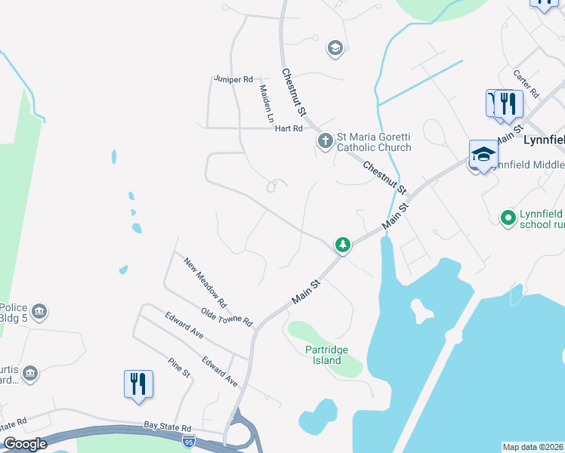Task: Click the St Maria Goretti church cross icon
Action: [x=325, y=140]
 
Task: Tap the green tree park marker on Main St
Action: [x=343, y=245]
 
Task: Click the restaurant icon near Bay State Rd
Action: [x=138, y=384]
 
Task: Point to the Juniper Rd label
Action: [x=233, y=79]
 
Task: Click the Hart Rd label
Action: [x=289, y=128]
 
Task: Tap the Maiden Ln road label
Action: [x=266, y=103]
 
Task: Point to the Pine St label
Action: [x=179, y=368]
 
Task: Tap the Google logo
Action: [x=26, y=444]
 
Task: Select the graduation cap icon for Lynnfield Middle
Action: [x=483, y=156]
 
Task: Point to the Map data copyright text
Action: [x=533, y=447]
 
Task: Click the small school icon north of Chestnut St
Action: [x=335, y=49]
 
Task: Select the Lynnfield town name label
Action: [x=543, y=141]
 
